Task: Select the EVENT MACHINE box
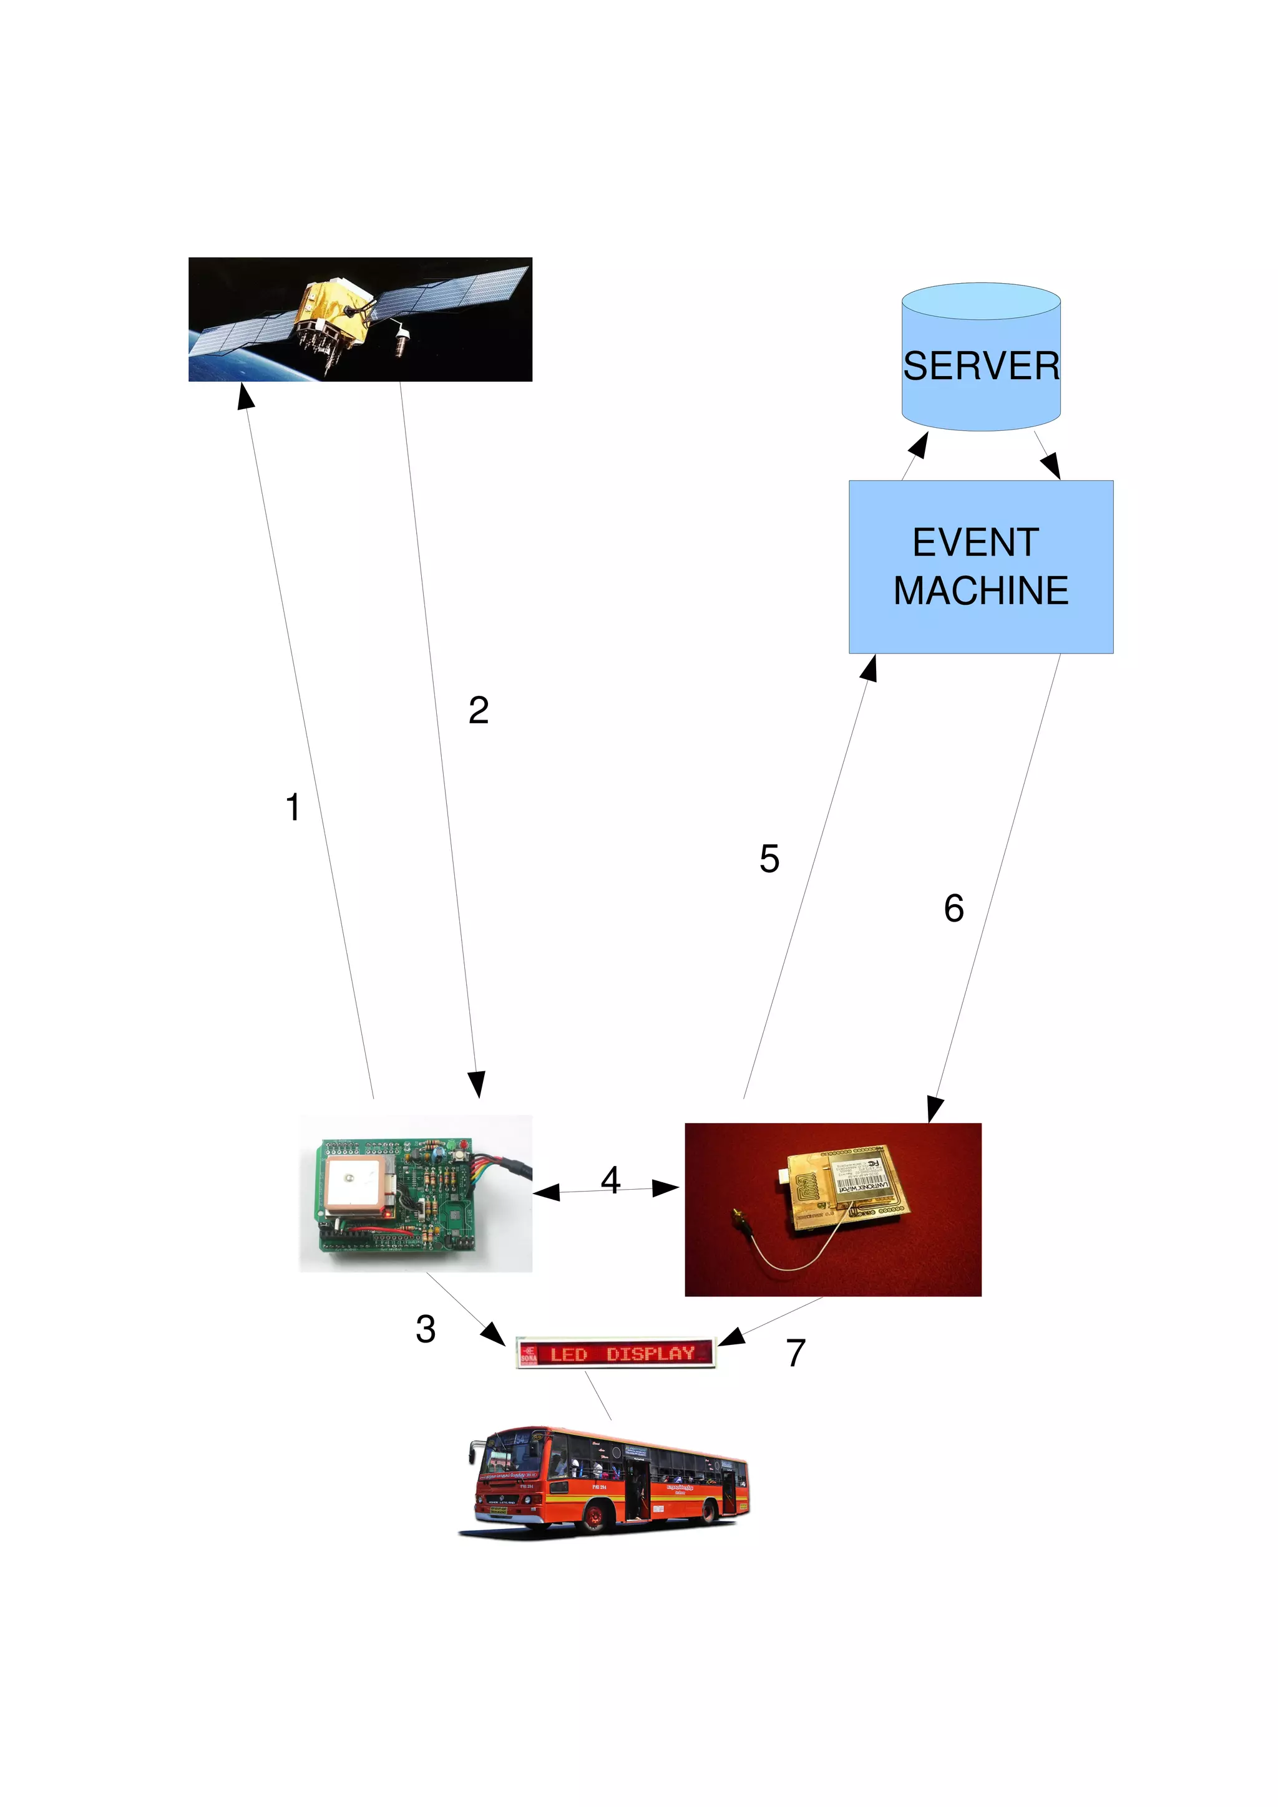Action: click(980, 567)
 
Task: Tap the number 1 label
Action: click(293, 807)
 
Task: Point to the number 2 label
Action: click(478, 710)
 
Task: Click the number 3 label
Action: click(425, 1329)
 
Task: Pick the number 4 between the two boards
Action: click(610, 1180)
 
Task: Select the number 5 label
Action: click(769, 859)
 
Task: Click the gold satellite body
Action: click(331, 315)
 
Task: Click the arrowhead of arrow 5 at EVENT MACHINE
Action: click(869, 668)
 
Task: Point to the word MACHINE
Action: click(980, 591)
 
